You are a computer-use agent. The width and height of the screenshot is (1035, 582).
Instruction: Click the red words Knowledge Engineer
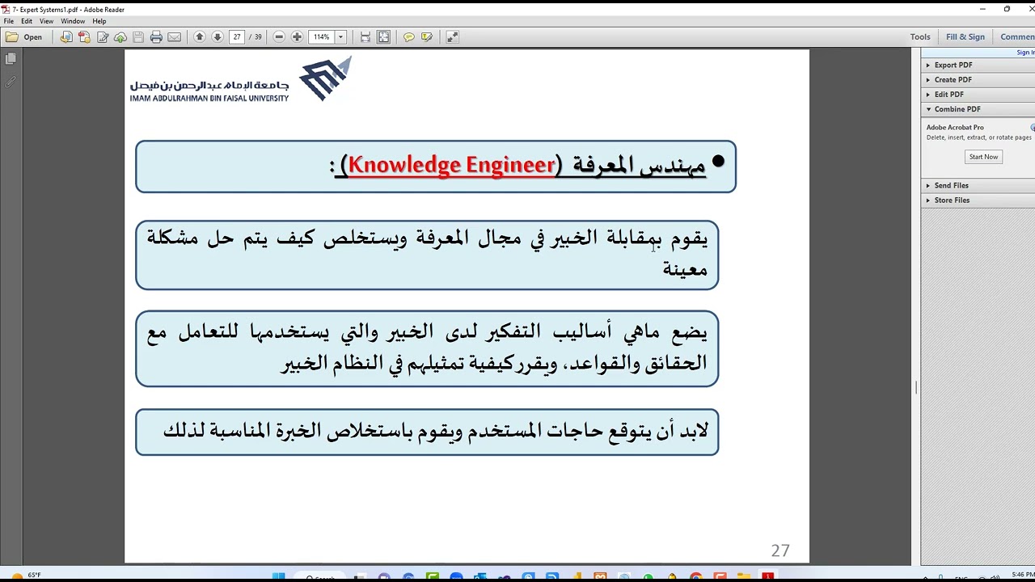coord(452,165)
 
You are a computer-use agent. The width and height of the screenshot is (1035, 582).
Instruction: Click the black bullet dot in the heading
coord(718,162)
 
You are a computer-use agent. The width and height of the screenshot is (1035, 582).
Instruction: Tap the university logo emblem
coord(326,78)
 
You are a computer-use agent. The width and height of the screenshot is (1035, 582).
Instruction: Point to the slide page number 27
coord(779,550)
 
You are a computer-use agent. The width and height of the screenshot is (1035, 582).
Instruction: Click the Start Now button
coord(983,157)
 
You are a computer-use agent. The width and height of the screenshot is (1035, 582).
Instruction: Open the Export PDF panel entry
coord(953,65)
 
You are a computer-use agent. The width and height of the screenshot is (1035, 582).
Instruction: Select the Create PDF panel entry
coord(953,80)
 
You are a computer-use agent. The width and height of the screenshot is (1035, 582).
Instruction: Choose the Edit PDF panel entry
coord(948,95)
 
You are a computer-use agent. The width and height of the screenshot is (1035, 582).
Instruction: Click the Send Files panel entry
coord(951,186)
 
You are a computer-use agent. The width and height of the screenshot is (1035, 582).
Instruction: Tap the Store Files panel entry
coord(952,200)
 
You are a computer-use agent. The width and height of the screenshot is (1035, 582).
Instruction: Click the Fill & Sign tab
coord(965,36)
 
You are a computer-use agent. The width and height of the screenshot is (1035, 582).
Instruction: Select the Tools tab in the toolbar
coord(920,36)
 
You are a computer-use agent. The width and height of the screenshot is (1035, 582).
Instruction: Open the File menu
coord(9,21)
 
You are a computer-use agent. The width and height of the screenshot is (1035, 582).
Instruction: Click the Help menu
coord(99,21)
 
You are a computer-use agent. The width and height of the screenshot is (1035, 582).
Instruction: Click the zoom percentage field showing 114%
coord(322,37)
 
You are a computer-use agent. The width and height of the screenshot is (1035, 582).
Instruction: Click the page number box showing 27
coord(237,37)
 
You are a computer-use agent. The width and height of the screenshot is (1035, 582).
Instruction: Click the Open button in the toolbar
coord(25,37)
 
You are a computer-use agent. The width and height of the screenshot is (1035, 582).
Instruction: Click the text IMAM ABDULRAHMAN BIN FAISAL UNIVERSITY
coord(209,98)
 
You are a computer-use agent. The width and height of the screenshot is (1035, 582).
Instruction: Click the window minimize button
coord(982,9)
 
